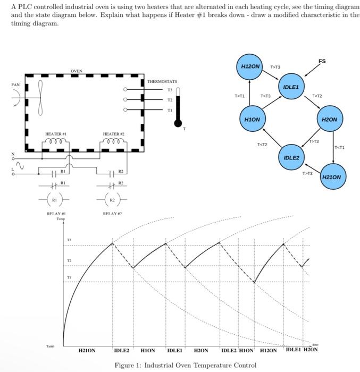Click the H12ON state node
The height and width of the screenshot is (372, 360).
250,66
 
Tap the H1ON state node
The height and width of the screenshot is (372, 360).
252,120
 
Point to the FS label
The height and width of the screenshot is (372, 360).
322,61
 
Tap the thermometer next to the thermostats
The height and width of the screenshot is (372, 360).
177,108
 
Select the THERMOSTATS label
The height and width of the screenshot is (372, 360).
162,81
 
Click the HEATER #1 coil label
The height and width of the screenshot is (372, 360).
55,133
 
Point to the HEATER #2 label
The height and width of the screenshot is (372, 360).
113,133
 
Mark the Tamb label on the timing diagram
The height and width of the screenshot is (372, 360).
50,345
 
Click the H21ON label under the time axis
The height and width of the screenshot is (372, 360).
87,351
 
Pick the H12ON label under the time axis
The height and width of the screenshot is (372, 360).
269,351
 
